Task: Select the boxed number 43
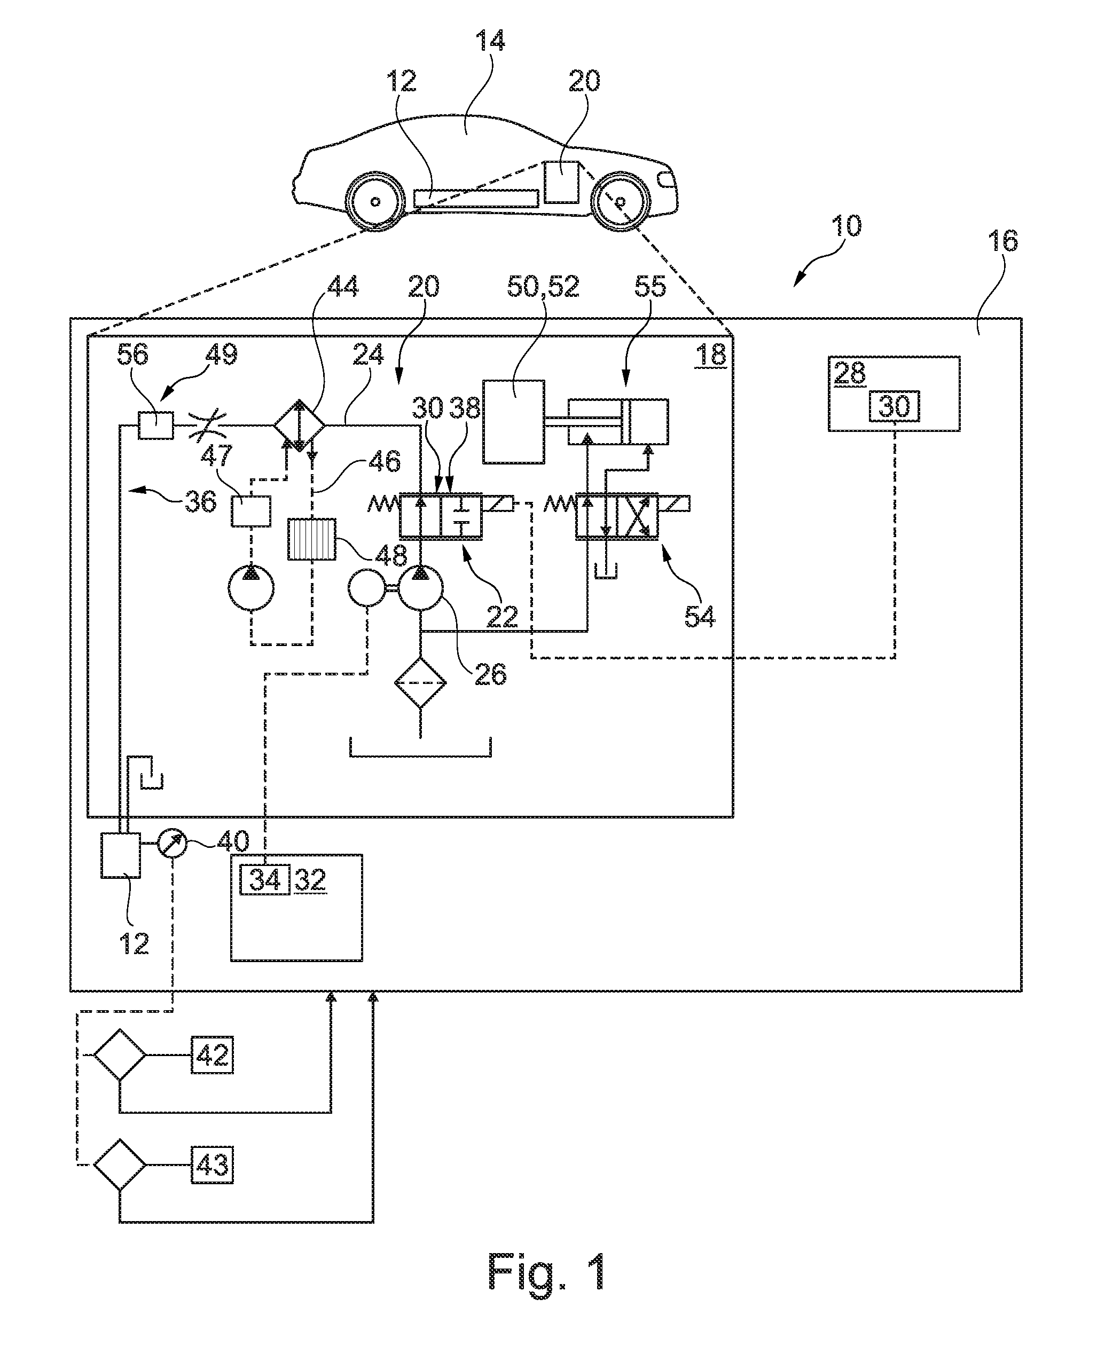coord(213,1164)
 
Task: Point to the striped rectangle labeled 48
coord(311,539)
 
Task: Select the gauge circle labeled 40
coord(173,843)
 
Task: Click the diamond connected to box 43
coord(120,1164)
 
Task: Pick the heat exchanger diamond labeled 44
coord(299,425)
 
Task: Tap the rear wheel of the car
coord(621,202)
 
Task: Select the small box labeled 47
coord(251,511)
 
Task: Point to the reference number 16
coord(1002,241)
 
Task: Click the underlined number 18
coord(710,355)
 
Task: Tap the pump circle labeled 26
coord(420,589)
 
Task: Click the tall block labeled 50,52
coord(514,422)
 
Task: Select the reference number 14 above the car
coord(490,41)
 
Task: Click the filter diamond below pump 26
coord(420,682)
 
